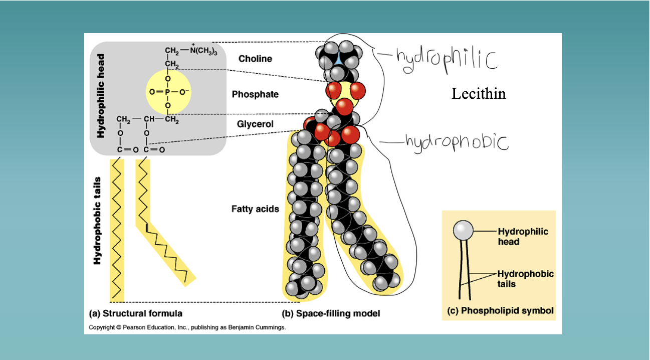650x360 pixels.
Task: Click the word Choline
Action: (255, 59)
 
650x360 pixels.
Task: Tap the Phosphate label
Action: (255, 94)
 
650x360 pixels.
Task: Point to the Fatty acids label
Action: (255, 209)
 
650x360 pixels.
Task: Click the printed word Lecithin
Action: (479, 94)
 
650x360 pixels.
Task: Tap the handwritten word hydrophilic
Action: (446, 58)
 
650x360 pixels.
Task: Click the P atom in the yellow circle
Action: (167, 92)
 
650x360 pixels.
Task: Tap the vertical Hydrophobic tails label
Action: (98, 221)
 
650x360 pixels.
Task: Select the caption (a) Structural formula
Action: (135, 314)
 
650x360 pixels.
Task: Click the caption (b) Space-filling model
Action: (331, 314)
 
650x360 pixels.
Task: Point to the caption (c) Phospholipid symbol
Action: (500, 311)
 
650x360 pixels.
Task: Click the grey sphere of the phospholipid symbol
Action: (463, 231)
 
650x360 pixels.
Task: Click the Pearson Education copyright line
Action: (187, 327)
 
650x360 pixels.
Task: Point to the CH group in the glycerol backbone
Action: (148, 119)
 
